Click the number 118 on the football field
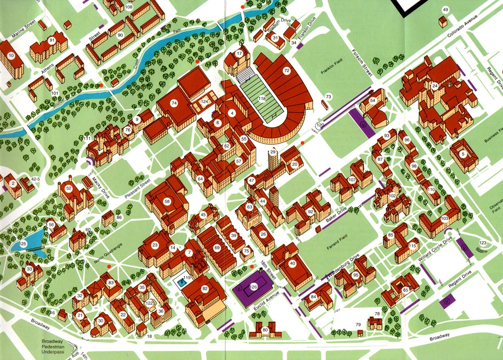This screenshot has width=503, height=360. click(x=262, y=98)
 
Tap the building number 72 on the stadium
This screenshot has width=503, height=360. click(x=287, y=71)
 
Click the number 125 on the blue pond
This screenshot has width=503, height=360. click(x=23, y=243)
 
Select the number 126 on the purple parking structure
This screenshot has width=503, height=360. click(x=254, y=287)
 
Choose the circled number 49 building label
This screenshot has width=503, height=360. click(x=445, y=10)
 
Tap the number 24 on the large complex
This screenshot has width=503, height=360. click(x=435, y=86)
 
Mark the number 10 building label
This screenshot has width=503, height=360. click(x=12, y=55)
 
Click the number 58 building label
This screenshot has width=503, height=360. click(x=167, y=202)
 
